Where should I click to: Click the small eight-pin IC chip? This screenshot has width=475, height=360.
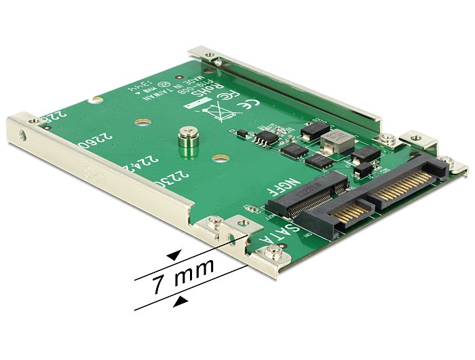tap(265, 138)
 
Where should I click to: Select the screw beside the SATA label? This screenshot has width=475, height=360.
tap(273, 255)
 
